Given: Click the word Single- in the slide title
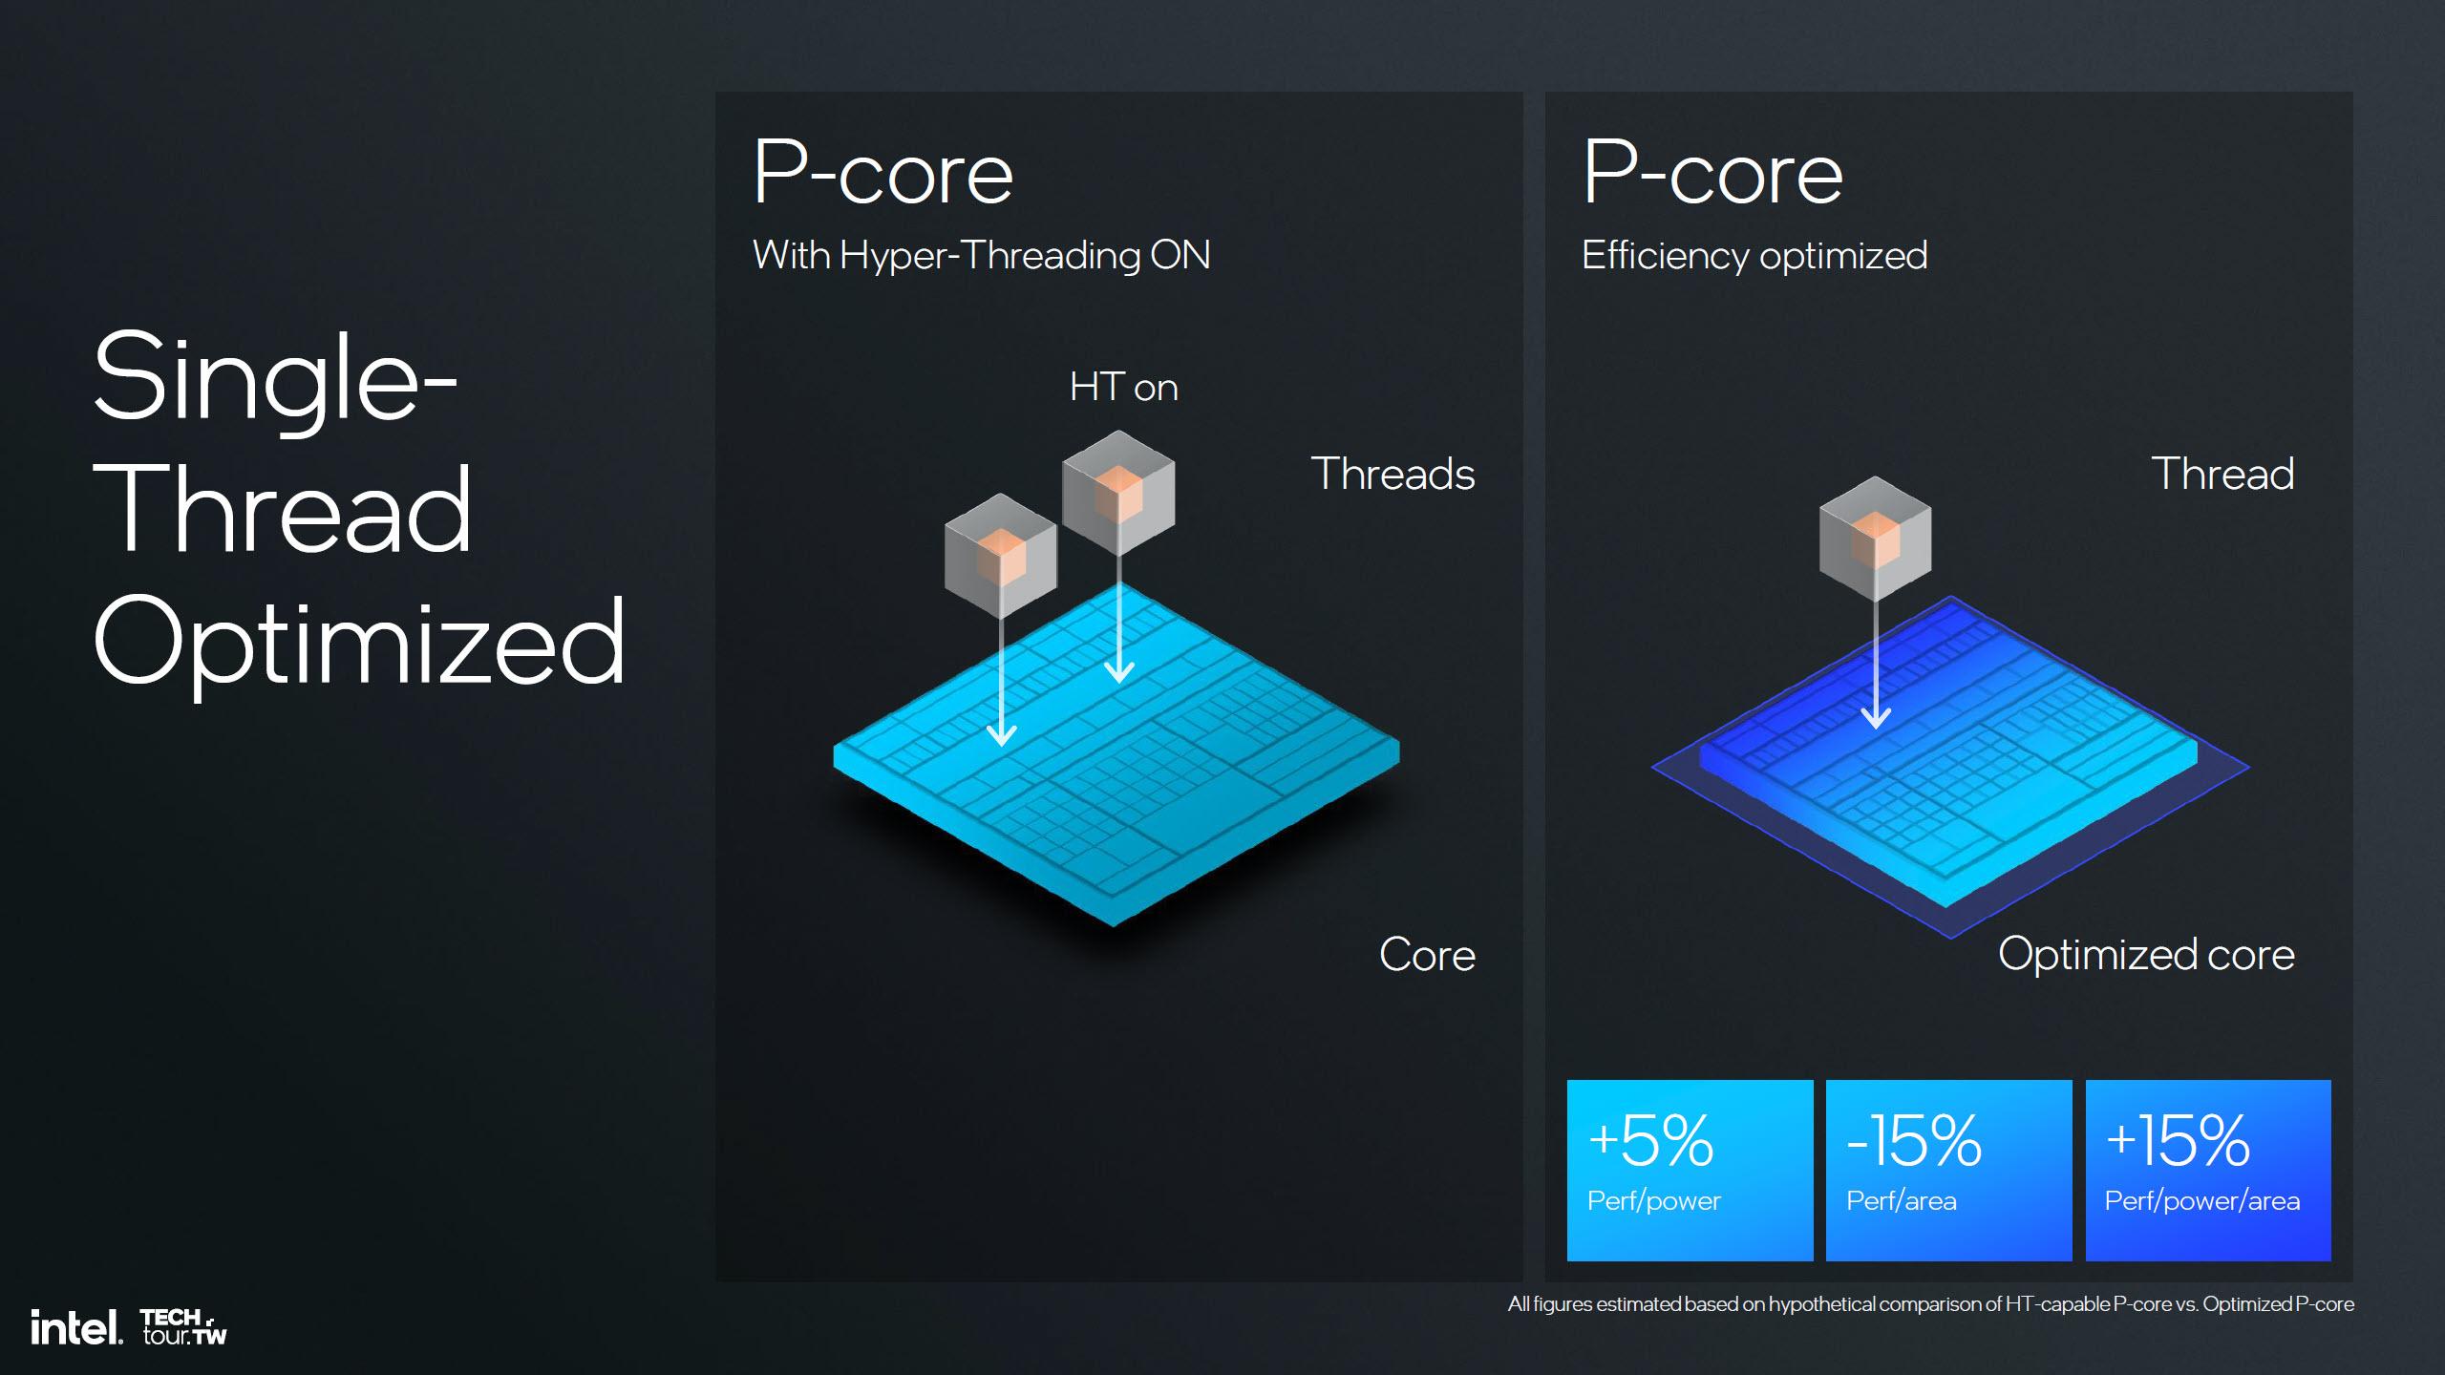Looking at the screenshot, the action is (x=275, y=377).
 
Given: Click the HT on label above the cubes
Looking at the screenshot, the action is (x=1123, y=387).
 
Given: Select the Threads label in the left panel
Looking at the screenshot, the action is (x=1393, y=474).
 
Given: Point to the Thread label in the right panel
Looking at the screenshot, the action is (x=2222, y=474).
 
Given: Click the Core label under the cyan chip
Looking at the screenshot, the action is (x=1427, y=955).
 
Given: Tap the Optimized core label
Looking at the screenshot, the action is (x=2146, y=954).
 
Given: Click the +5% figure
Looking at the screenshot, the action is (x=1650, y=1140).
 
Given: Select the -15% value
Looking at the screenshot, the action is (x=1914, y=1140).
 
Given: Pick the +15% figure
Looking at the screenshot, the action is (x=2178, y=1140).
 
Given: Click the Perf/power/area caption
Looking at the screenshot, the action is (x=2202, y=1201).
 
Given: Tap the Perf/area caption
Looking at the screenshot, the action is (x=1902, y=1201).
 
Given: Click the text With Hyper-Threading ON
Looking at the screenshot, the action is (x=982, y=256).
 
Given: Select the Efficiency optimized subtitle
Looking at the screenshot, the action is (x=1754, y=256).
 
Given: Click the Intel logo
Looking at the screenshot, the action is (x=76, y=1327).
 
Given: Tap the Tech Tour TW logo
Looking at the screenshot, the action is (x=184, y=1327).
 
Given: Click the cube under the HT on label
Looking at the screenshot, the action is (x=1118, y=492).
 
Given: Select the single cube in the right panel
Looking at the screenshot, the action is (x=1875, y=539).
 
